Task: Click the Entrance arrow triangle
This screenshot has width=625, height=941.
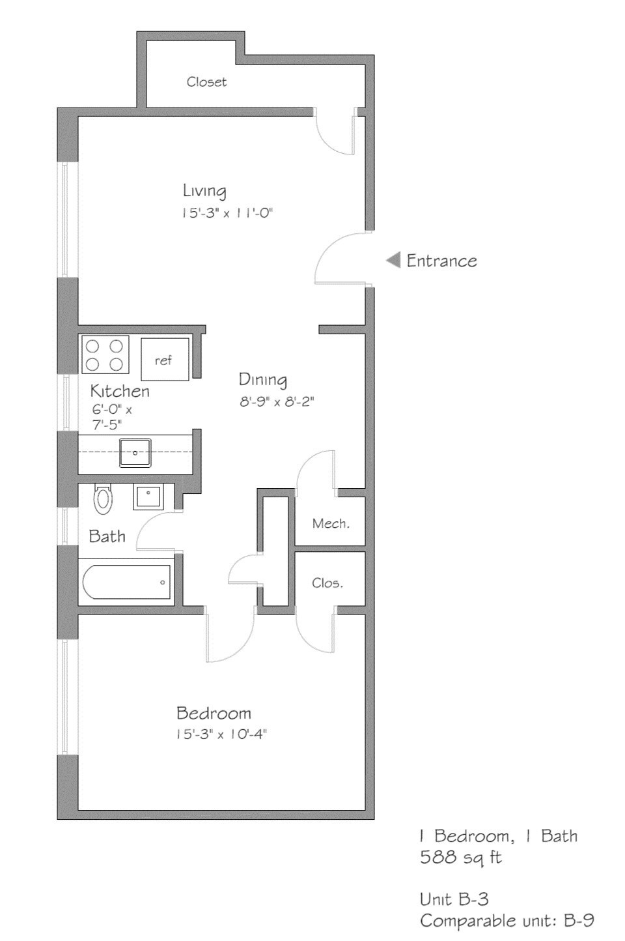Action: pos(393,261)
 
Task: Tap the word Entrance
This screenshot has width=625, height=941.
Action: pos(441,261)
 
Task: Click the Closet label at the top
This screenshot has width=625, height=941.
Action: pos(206,82)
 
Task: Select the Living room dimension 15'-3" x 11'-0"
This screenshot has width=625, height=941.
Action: pos(227,213)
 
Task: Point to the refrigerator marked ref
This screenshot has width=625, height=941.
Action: pos(165,360)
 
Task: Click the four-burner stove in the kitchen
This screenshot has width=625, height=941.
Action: pos(104,355)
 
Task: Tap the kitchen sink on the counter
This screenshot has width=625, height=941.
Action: pos(135,453)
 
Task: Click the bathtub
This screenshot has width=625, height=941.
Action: pos(127,582)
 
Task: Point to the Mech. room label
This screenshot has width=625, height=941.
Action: pos(330,523)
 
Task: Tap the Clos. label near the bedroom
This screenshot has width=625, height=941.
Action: pos(327,583)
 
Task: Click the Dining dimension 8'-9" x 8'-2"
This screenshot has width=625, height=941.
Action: pos(277,402)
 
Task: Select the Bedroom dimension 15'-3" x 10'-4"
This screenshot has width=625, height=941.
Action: pos(221,734)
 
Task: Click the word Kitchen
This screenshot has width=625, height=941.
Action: pos(120,391)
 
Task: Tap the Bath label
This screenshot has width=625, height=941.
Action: pos(107,536)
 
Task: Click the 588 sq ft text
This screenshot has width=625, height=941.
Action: pos(460,858)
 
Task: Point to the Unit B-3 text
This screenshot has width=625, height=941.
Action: pos(454,899)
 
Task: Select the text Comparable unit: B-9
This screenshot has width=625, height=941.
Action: pos(507,921)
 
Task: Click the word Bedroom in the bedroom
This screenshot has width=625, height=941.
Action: pos(214,713)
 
